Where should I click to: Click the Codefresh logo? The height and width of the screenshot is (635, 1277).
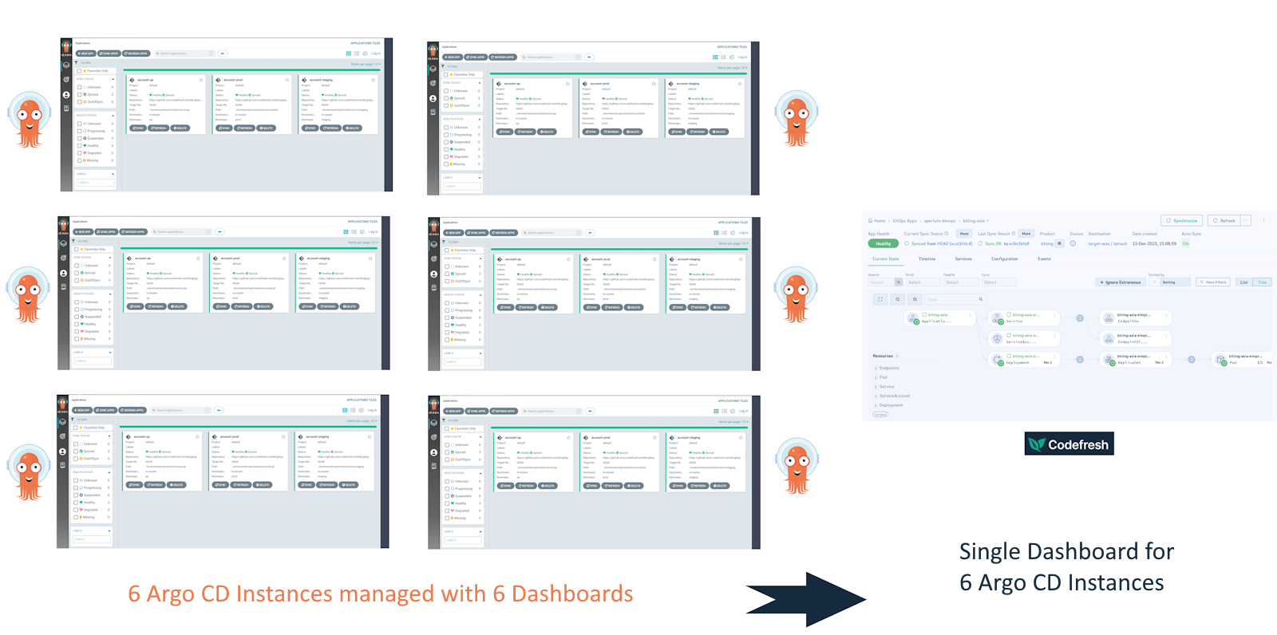[x=1069, y=444]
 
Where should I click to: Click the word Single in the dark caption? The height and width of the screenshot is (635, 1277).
[x=989, y=551]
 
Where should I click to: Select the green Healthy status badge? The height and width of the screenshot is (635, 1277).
[x=883, y=244]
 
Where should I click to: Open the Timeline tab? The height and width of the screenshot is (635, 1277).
[x=927, y=259]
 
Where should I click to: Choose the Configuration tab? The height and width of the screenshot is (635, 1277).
[x=1004, y=259]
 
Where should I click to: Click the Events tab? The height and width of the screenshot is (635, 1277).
[x=1044, y=259]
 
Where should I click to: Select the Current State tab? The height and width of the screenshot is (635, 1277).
[x=885, y=259]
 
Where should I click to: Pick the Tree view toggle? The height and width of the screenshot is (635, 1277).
[x=1263, y=282]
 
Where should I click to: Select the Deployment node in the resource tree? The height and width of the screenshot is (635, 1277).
[x=1024, y=360]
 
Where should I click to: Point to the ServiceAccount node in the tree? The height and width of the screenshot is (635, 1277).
[x=1024, y=339]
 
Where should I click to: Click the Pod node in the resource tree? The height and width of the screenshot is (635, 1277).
[x=1245, y=360]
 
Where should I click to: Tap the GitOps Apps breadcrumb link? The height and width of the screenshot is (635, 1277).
[x=904, y=221]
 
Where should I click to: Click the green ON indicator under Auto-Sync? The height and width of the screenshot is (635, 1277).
[x=1185, y=244]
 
